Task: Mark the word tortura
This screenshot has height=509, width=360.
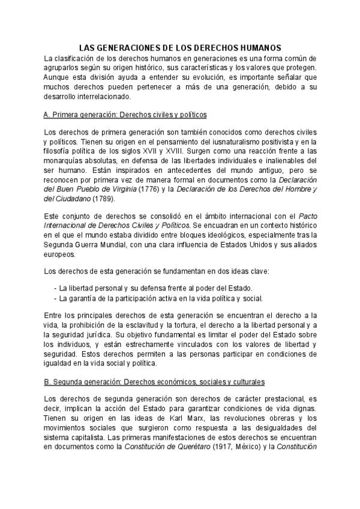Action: pos(177,325)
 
